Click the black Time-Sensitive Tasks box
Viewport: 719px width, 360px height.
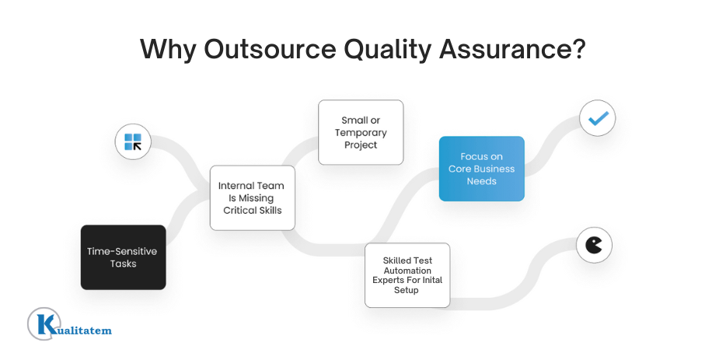(123, 257)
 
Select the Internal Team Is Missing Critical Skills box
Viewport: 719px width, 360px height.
(252, 197)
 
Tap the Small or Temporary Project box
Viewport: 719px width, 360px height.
(361, 132)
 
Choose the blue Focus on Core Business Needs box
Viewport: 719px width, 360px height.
(481, 169)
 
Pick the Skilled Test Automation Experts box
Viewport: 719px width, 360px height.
(407, 274)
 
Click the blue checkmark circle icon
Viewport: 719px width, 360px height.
(598, 119)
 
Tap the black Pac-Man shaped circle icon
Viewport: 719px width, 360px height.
(594, 246)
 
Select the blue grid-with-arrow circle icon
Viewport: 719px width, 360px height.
(133, 142)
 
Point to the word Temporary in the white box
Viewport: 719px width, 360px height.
(361, 132)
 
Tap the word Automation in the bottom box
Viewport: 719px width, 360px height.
(407, 271)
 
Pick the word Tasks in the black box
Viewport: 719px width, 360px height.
(123, 264)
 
